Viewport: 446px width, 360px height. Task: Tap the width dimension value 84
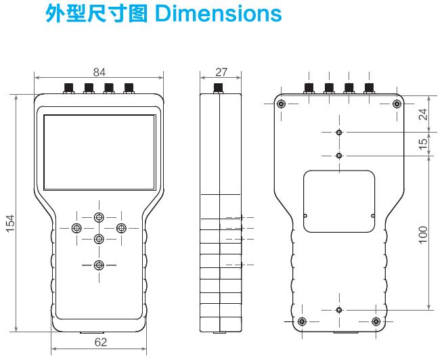[98, 71]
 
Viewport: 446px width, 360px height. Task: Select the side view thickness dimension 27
[220, 71]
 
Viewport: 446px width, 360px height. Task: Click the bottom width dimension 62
[99, 342]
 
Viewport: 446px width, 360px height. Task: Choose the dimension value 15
[423, 144]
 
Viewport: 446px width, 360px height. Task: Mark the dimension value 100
[423, 233]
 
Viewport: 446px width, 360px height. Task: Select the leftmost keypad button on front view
[76, 227]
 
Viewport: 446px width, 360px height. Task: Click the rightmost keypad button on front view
[121, 227]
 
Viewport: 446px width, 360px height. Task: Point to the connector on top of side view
[219, 88]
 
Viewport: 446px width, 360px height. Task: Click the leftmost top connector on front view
[68, 87]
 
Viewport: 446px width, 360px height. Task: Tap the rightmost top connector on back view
[370, 87]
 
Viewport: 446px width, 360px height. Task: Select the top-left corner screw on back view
[282, 104]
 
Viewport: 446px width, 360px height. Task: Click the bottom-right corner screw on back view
[376, 321]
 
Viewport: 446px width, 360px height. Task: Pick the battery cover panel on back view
[338, 200]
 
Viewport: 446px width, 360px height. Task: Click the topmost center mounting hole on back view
[339, 133]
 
